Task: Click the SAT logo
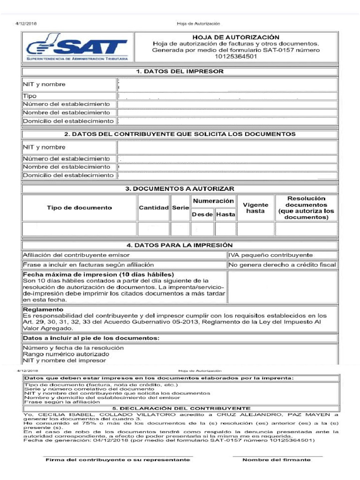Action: click(77, 47)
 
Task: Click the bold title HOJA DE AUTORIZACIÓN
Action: click(236, 37)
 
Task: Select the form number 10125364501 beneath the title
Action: click(236, 56)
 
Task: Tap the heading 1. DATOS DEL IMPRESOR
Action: click(180, 71)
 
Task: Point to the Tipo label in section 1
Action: click(30, 96)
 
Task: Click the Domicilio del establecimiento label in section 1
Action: click(68, 121)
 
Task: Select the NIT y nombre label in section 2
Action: click(44, 147)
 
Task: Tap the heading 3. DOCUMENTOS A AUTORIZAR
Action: click(180, 188)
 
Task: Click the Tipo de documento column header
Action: click(79, 208)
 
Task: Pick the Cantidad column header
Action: click(153, 208)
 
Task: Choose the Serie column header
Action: click(180, 208)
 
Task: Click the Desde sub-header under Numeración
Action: click(202, 214)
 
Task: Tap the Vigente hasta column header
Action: click(255, 208)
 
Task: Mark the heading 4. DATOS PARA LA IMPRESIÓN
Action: click(180, 245)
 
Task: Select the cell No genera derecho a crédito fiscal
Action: click(282, 265)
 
